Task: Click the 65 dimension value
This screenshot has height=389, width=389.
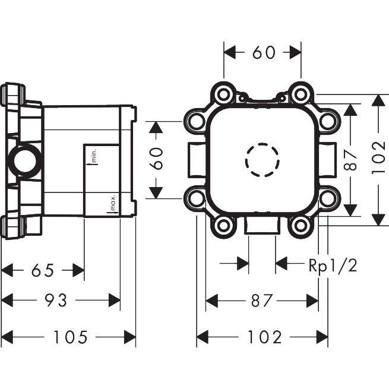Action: click(x=43, y=270)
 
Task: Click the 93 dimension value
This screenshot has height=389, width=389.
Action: click(x=56, y=300)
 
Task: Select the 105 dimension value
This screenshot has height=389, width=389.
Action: click(x=71, y=337)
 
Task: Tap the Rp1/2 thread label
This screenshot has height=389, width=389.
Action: click(x=333, y=266)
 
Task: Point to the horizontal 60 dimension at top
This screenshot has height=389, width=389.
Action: click(x=264, y=52)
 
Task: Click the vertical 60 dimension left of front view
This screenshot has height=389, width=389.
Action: click(x=157, y=159)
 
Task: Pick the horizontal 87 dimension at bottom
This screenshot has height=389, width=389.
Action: click(x=262, y=301)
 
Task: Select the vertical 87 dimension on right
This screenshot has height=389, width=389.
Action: click(x=350, y=160)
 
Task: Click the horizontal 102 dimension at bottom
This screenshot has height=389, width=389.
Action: click(x=265, y=337)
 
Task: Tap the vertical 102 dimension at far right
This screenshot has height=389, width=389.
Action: click(x=378, y=158)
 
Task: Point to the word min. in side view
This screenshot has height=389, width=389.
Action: click(x=94, y=156)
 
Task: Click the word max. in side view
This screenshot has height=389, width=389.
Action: click(x=113, y=202)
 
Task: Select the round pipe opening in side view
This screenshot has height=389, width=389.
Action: click(x=25, y=161)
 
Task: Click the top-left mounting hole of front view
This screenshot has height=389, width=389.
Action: click(x=223, y=94)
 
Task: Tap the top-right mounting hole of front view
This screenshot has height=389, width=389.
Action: click(x=301, y=94)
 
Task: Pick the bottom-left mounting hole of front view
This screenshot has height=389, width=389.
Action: click(x=223, y=226)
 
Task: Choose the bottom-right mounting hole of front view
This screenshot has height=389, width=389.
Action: click(x=301, y=226)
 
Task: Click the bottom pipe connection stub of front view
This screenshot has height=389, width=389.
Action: click(x=262, y=225)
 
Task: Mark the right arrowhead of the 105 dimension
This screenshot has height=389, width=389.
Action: click(x=130, y=337)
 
